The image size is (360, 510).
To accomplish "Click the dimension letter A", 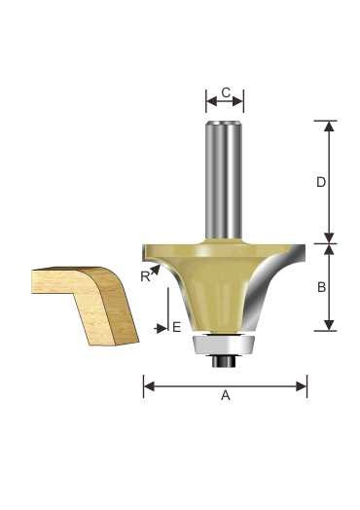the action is click(226, 395).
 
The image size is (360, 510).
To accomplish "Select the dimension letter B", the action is click(321, 287).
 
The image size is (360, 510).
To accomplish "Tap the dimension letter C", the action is click(226, 92).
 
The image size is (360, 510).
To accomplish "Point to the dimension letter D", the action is click(321, 182).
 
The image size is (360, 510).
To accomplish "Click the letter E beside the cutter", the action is click(176, 327).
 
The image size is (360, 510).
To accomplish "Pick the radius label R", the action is click(145, 276).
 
